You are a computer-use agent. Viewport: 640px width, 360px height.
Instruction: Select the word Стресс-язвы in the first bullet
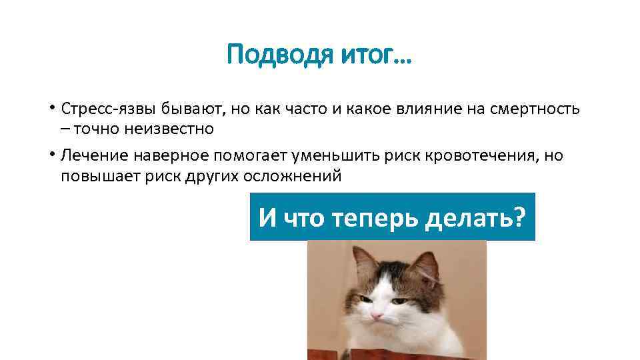99,108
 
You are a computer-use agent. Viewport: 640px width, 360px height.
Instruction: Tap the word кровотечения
477,156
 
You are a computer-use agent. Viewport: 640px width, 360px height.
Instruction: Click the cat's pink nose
377,313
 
